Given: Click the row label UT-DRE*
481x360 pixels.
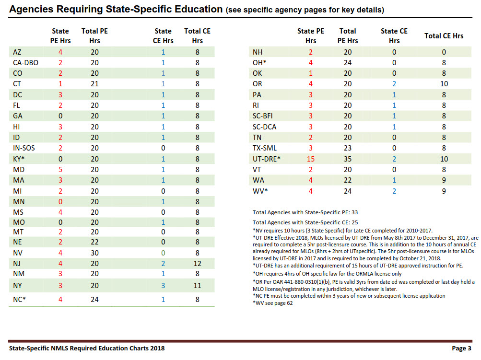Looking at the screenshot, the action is (266, 159).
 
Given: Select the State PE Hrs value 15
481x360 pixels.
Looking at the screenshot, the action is (310, 159).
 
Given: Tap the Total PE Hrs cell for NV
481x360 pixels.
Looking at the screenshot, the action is (94, 253).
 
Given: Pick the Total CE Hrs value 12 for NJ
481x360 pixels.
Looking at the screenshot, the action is (197, 263).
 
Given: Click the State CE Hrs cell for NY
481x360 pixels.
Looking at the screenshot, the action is (163, 286).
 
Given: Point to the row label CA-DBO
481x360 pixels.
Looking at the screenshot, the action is (25, 63).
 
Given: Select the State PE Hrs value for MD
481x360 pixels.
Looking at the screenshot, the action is (60, 170).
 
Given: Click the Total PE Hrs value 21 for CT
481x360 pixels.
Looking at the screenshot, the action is (94, 84).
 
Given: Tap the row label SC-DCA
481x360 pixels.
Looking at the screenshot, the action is (264, 127).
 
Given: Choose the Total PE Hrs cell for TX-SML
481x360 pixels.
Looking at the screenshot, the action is (348, 148).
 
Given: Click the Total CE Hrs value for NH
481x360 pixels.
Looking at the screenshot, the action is (444, 52).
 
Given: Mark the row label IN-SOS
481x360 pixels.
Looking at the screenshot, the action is (24, 148).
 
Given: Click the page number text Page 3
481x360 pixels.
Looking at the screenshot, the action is (461, 348).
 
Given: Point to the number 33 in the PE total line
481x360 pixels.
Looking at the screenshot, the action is (354, 212).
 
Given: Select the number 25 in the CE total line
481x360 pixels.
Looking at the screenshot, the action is (354, 222).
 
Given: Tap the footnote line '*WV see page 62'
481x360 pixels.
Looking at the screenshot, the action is (273, 303).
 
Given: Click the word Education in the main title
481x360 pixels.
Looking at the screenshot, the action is (199, 9).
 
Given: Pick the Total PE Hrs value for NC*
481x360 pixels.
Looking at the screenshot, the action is (94, 299).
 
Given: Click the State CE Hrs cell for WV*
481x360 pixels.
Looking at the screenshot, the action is (394, 191).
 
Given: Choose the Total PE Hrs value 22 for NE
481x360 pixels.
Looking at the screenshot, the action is (94, 242).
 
